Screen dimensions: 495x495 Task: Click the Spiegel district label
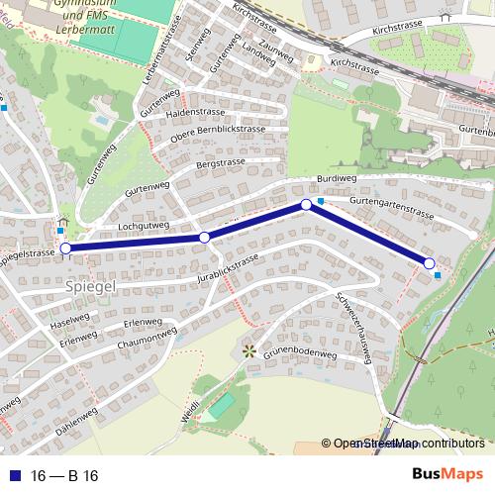point(91,286)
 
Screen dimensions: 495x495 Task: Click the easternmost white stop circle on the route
point(429,262)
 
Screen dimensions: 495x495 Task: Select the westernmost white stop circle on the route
point(65,248)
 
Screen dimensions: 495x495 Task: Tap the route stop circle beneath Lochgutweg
point(204,237)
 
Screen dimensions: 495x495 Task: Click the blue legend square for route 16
point(14,475)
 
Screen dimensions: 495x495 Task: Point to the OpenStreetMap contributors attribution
point(407,445)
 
